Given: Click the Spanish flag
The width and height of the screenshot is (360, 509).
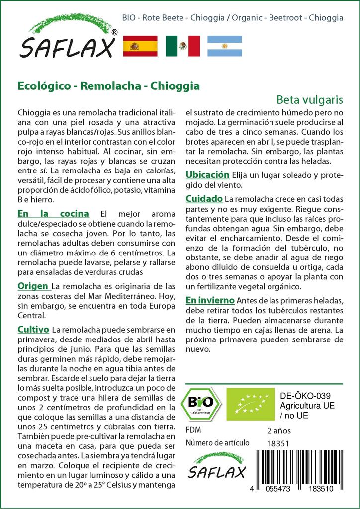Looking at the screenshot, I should point(140,46).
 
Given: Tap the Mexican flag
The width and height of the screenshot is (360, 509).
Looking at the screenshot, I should point(182,46).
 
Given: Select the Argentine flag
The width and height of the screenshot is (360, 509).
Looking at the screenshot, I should point(225,46).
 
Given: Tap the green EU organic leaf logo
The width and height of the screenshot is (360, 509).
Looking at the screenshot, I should point(246,404).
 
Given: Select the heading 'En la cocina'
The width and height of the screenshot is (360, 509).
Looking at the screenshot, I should point(53,214).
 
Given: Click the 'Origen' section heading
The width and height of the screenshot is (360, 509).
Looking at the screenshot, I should point(33,286).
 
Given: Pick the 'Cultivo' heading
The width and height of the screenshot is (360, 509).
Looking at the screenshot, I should point(33,330).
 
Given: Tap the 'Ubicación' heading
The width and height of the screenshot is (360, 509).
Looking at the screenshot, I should point(207,175).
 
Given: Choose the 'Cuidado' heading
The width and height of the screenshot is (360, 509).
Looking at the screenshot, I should point(204,199).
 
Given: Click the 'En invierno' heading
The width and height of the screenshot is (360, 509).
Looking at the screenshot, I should point(210,301).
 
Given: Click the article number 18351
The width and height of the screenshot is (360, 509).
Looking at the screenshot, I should point(277,443).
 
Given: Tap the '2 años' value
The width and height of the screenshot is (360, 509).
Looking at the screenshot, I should point(279,430).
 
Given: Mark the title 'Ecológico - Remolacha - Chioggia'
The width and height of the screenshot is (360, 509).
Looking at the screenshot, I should point(109,85).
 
